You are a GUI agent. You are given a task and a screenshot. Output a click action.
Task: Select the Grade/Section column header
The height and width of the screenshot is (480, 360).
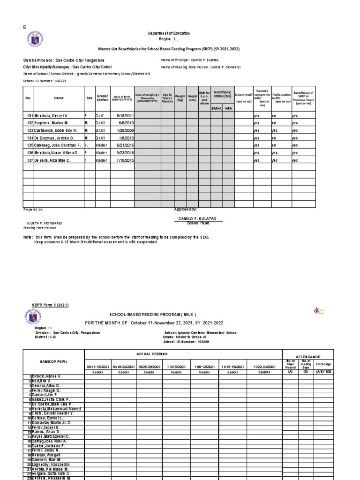pos(102,97)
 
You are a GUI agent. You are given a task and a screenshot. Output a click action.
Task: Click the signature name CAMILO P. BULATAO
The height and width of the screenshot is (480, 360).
pos(192,219)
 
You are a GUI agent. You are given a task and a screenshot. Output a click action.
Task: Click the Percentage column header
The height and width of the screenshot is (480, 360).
pos(324,364)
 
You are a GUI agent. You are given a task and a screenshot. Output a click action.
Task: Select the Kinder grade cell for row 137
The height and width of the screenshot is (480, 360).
pos(102,160)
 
